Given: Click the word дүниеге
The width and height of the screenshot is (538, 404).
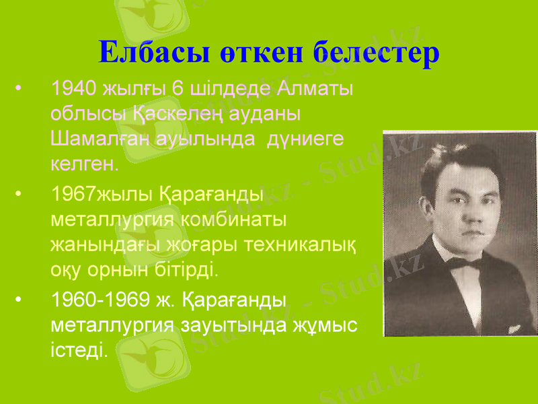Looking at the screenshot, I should click(306, 139).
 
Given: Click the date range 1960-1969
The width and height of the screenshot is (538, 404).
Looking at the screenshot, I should click(98, 301).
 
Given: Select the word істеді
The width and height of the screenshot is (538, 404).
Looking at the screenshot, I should click(78, 350).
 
